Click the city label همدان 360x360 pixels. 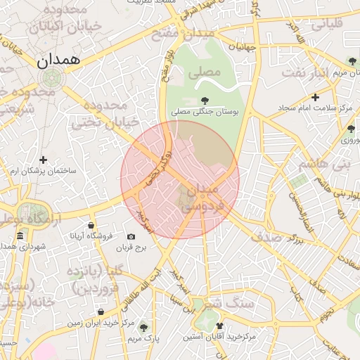(x=59, y=61)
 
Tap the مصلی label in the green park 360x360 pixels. (x=204, y=71)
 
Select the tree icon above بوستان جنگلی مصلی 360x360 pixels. (x=205, y=101)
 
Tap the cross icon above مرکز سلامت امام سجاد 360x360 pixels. (x=315, y=97)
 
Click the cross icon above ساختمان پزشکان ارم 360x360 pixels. (x=44, y=160)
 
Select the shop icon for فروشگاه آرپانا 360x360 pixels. (x=91, y=226)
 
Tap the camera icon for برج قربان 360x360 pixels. (x=131, y=237)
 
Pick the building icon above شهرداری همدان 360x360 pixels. (x=20, y=236)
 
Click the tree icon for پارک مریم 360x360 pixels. (x=144, y=328)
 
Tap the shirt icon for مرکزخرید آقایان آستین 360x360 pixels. (x=220, y=326)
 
